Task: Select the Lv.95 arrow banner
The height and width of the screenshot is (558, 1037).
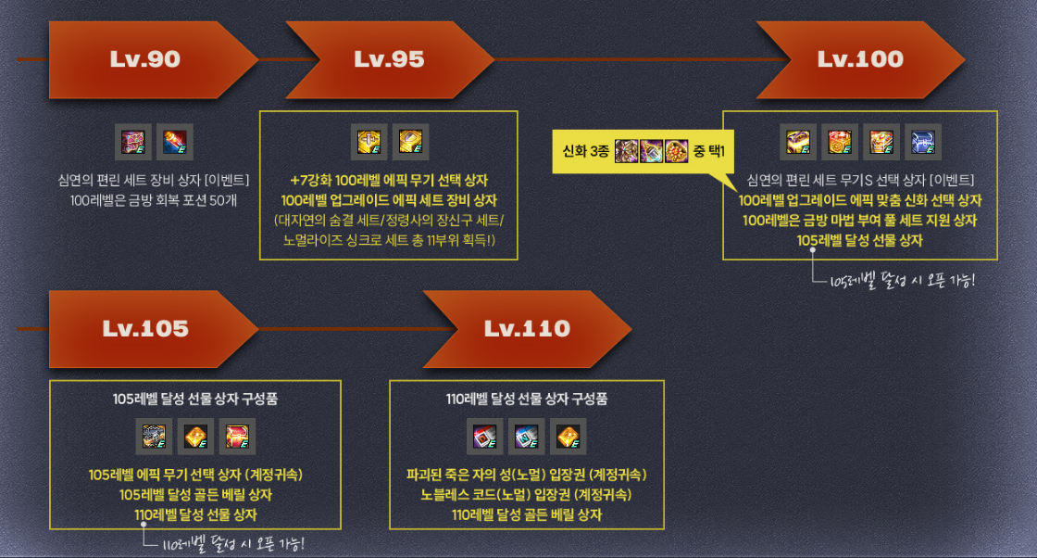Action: pyautogui.click(x=389, y=59)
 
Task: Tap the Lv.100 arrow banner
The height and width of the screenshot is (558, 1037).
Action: pyautogui.click(x=859, y=59)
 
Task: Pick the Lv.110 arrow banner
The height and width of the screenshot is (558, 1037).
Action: pyautogui.click(x=524, y=328)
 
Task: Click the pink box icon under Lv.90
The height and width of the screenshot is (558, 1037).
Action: pyautogui.click(x=134, y=141)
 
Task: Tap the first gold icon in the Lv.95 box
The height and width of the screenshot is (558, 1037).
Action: pyautogui.click(x=369, y=141)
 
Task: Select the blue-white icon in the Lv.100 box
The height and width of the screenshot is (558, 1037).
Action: pyautogui.click(x=922, y=141)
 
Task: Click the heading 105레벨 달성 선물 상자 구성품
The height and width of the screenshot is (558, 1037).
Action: pyautogui.click(x=194, y=399)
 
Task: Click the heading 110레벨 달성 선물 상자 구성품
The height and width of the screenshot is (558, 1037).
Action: pyautogui.click(x=527, y=399)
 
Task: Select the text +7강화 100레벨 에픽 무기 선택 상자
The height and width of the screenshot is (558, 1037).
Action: pyautogui.click(x=388, y=180)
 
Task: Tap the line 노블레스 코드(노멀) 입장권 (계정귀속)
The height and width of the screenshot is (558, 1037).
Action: pyautogui.click(x=527, y=494)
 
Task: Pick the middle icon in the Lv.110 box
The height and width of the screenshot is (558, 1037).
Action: pyautogui.click(x=527, y=437)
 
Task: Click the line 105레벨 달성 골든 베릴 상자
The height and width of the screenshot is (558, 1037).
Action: pyautogui.click(x=195, y=494)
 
